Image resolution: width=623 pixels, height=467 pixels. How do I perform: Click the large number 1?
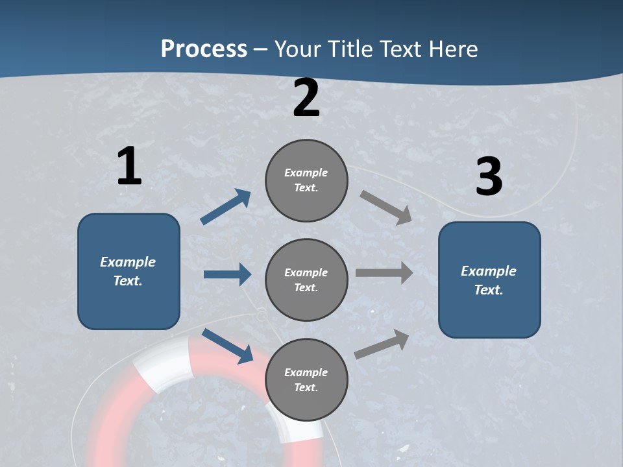(x=129, y=166)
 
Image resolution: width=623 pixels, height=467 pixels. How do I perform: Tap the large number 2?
(x=306, y=98)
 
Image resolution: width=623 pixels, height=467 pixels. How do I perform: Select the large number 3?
(x=489, y=176)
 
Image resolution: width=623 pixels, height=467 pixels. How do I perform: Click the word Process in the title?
(x=204, y=49)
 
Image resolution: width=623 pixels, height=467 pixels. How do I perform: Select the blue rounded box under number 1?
(x=128, y=271)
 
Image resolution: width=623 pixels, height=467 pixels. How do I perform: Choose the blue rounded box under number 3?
(x=489, y=280)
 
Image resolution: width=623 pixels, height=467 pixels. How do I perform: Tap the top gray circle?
(x=306, y=180)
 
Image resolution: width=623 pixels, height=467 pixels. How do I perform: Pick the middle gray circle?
(x=306, y=280)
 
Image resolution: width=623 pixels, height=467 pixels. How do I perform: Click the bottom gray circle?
(x=306, y=380)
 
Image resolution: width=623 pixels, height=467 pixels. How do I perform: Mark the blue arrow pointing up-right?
(x=226, y=207)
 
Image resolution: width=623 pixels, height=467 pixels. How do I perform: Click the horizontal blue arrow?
(x=227, y=274)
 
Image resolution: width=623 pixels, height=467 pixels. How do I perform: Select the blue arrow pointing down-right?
(x=227, y=346)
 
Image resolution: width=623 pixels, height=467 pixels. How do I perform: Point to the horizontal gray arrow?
(x=384, y=272)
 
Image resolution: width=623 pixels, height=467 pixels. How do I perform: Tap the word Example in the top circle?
(x=306, y=173)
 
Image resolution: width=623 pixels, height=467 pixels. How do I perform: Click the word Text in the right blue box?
(x=488, y=290)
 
